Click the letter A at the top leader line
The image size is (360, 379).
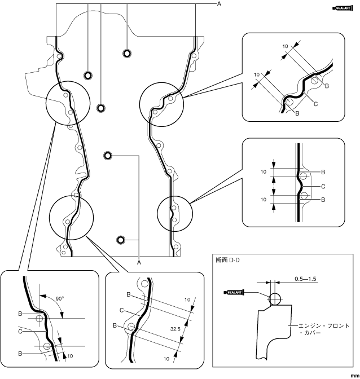pos(218,4)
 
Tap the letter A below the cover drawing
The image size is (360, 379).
pos(139,261)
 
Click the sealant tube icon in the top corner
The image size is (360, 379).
pos(345,8)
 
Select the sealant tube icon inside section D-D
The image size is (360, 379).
pos(235,293)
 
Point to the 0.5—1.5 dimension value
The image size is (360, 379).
pos(306,279)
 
